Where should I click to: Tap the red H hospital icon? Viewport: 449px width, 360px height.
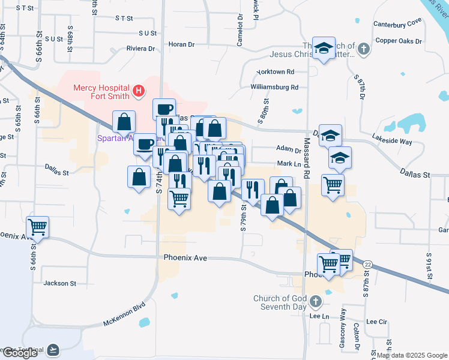tap(139, 91)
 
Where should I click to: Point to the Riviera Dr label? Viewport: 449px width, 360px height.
tap(140, 49)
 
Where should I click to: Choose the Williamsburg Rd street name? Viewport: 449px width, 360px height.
tap(274, 87)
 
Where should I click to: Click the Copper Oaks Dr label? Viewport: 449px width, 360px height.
tap(399, 41)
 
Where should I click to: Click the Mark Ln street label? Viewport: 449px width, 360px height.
tap(288, 164)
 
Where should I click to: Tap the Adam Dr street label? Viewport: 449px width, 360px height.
tap(289, 149)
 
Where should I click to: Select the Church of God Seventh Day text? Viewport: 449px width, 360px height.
tap(280, 303)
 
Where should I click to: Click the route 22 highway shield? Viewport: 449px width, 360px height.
tap(367, 265)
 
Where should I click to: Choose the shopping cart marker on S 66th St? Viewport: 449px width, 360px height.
tap(38, 226)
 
